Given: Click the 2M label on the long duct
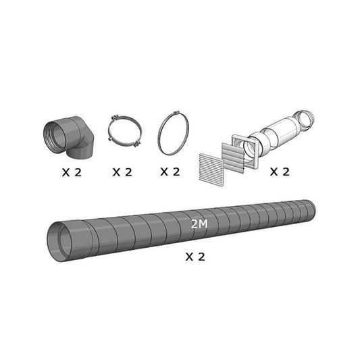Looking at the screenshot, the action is coord(199,224).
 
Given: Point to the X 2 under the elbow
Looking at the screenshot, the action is coord(72,172).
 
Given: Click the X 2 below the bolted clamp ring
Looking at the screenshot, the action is coord(122,172).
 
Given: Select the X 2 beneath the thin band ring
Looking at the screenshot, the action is coord(170,172).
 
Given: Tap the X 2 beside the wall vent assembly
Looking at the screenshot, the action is coord(280,172).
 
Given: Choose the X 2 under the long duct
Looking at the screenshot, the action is coord(195,257).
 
